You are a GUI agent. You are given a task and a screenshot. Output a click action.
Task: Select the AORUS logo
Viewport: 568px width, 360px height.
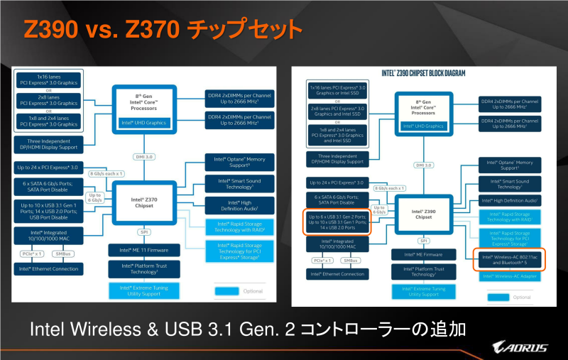tap(521, 347)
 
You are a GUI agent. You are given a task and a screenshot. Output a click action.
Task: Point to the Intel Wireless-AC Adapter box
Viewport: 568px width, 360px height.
tap(509, 276)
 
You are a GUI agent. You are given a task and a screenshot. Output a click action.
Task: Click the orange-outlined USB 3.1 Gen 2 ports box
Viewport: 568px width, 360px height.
tap(337, 222)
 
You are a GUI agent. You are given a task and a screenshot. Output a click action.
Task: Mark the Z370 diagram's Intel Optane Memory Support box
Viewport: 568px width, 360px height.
tap(235, 162)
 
